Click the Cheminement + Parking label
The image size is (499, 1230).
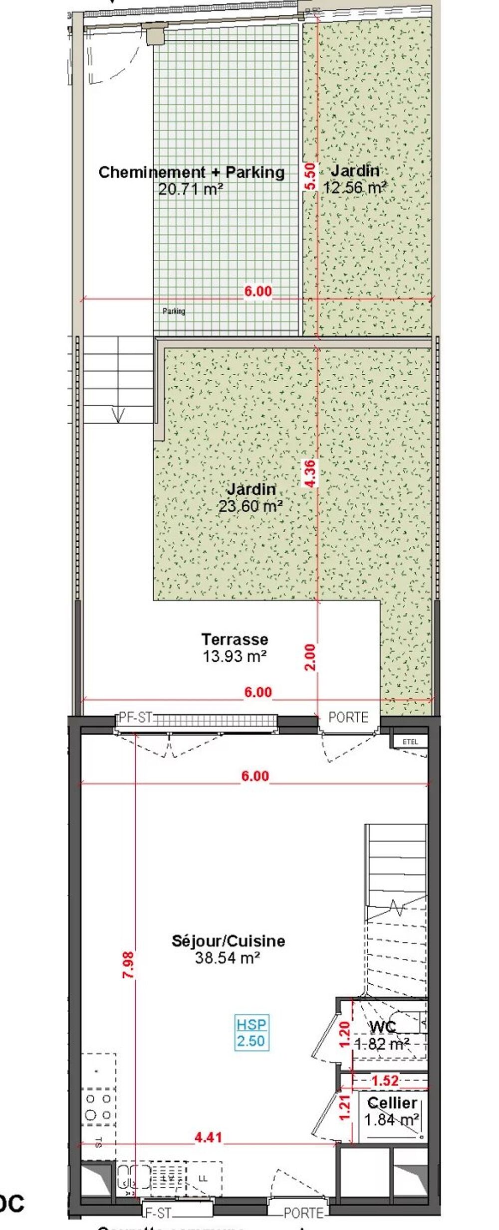tap(192, 172)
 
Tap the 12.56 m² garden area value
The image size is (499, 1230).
tap(354, 188)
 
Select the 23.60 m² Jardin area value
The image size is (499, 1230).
tap(250, 506)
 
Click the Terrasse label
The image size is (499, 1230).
tap(235, 639)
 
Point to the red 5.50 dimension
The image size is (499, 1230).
tap(310, 176)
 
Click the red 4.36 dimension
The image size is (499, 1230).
tap(310, 473)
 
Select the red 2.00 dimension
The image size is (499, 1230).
tap(310, 657)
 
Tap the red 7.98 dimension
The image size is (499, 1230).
tap(129, 965)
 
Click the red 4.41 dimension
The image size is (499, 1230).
tap(208, 1137)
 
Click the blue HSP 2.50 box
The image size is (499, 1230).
tap(251, 1033)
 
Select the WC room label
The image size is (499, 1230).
tap(383, 1027)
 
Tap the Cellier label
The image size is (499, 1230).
tap(392, 1102)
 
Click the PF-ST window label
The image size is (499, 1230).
tap(135, 718)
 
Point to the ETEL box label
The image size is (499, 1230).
tap(410, 742)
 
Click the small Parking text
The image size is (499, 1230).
tap(174, 311)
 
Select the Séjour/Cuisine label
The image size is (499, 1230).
tap(228, 940)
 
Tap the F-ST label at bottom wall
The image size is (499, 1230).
tap(157, 1213)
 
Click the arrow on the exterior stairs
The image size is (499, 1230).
tap(118, 414)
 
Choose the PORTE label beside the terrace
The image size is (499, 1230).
tap(348, 717)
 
